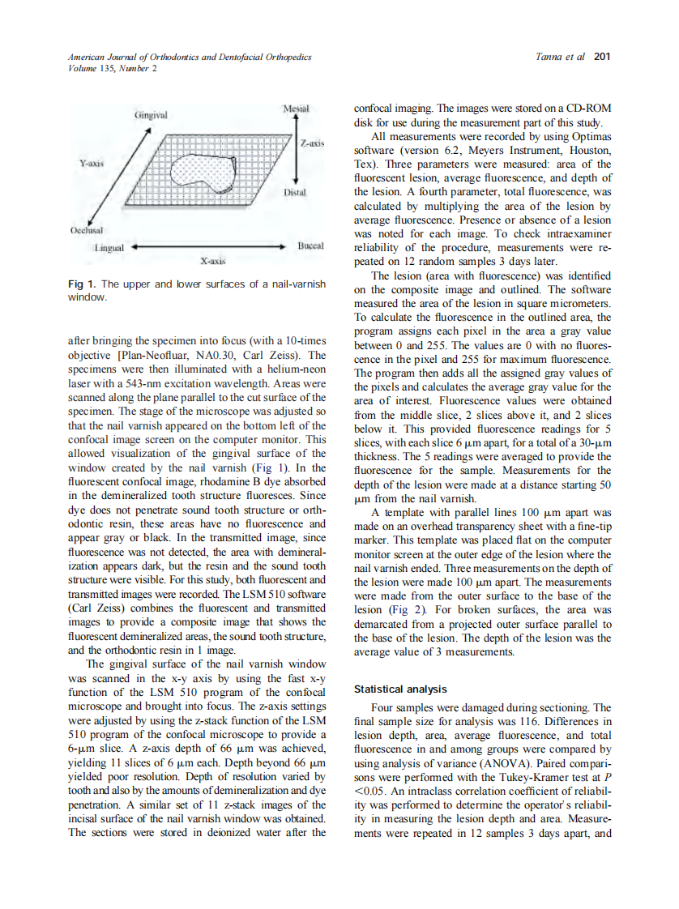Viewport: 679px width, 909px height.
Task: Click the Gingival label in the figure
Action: (151, 116)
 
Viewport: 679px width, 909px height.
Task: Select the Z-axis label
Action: (312, 143)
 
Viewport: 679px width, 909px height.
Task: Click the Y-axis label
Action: (90, 163)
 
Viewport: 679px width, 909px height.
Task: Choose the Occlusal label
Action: (83, 230)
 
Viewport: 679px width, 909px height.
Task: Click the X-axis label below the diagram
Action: (213, 262)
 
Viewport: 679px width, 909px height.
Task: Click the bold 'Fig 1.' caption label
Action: (82, 284)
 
